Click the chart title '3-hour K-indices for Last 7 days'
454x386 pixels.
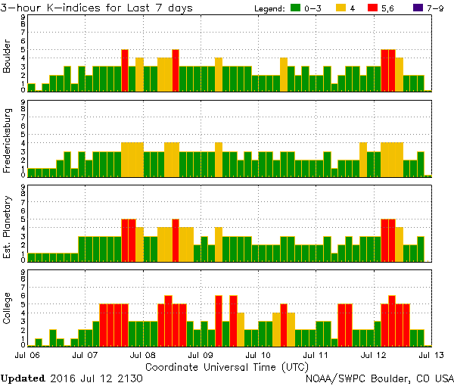point(96,8)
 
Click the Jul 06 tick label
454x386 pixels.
point(27,354)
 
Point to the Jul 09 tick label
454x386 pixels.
point(201,354)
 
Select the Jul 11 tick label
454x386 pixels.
point(316,354)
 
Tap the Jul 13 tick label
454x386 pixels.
point(431,354)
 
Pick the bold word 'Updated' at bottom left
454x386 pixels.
point(23,378)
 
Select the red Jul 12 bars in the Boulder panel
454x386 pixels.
point(388,70)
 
